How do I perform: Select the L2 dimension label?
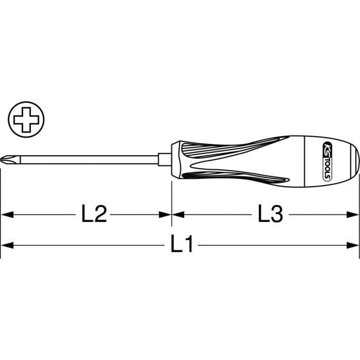(x=94, y=214)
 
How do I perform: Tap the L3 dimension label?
(x=270, y=214)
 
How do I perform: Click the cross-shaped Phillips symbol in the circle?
(x=26, y=119)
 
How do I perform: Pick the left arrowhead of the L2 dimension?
(x=6, y=214)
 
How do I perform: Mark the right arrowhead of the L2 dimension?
(x=166, y=214)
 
